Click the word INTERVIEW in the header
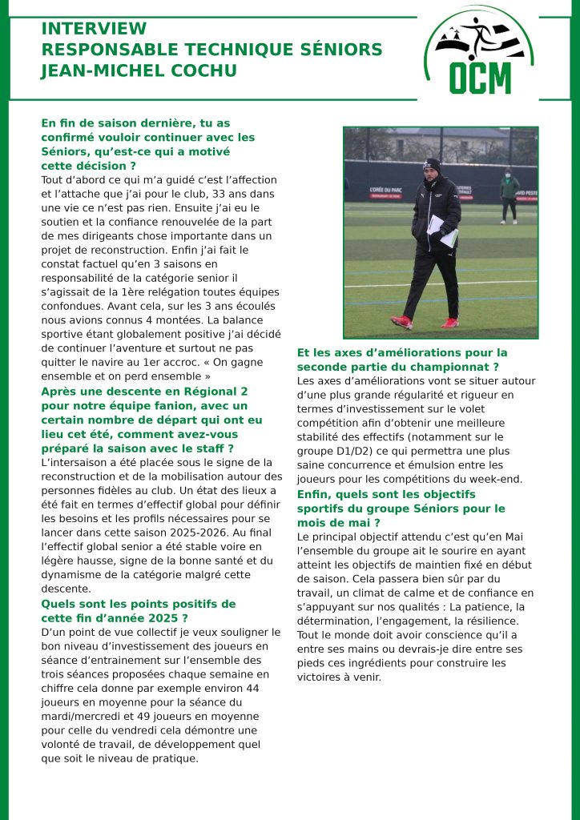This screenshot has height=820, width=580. pos(94,30)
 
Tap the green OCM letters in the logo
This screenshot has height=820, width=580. pos(480,78)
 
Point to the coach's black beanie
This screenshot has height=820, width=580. pos(432,165)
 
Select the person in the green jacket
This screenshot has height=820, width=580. pos(509,197)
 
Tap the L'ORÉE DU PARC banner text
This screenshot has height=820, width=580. pos(389,189)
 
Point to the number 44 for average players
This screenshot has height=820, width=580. pos(252,689)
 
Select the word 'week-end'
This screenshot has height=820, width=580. pos(497,480)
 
